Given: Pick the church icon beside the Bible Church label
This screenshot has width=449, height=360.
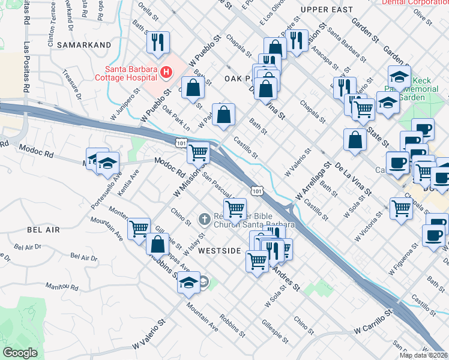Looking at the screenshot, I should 204,220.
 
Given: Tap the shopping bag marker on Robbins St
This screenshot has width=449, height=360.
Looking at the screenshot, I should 157,245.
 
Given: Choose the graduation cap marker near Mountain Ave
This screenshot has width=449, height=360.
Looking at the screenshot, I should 188,283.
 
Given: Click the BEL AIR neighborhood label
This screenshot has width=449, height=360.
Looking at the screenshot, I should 43,230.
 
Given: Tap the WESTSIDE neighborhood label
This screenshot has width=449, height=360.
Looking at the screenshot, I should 220,250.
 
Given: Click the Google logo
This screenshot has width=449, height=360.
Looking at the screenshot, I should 20,353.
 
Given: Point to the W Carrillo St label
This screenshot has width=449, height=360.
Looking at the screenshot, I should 372,329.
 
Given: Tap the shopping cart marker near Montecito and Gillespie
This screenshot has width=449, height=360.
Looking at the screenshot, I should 139,229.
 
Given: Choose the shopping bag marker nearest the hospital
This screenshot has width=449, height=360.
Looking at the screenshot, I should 192,89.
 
